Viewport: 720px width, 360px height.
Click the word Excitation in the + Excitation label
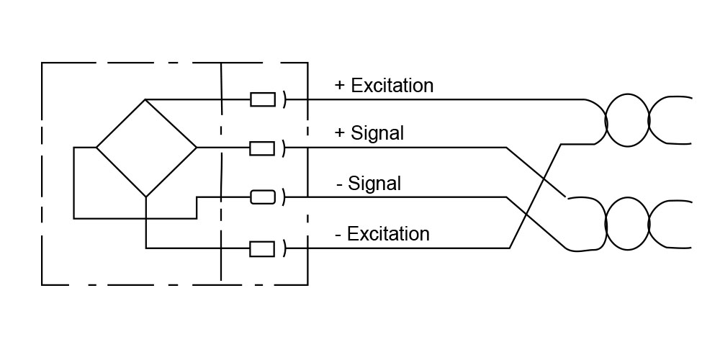392,86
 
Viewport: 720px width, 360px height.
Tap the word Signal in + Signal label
377,133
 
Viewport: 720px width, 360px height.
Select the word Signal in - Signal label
374,184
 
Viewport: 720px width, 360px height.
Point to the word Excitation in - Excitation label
388,234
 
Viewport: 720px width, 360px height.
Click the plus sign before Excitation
341,86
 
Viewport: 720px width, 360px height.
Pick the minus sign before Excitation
338,235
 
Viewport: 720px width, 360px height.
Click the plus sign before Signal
341,133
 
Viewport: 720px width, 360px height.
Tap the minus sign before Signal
339,184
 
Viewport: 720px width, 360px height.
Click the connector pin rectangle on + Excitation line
263,99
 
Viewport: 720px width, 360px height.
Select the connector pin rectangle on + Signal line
263,148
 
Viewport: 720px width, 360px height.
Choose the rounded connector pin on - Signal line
263,197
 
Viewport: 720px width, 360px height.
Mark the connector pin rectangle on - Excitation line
263,249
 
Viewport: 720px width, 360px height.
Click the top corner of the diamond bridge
146,99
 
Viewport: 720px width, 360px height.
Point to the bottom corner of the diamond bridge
146,197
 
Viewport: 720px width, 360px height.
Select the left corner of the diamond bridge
96,148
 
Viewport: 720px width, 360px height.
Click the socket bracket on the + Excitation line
285,99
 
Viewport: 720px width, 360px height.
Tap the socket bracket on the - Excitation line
285,249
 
